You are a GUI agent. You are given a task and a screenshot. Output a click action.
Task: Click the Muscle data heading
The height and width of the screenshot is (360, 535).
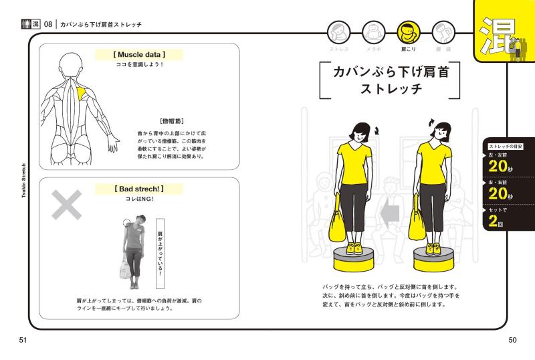pos(139,55)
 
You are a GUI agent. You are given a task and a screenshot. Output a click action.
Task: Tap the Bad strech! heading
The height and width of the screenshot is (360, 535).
pos(139,189)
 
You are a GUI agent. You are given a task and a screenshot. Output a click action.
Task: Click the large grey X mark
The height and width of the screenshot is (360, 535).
pos(66,205)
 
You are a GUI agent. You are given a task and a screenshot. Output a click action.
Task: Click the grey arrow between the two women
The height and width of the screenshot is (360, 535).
pos(390,214)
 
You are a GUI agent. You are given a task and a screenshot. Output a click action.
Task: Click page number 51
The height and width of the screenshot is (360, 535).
pos(23,340)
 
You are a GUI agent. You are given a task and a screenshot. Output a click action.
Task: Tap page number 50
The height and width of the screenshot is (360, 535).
pos(512,340)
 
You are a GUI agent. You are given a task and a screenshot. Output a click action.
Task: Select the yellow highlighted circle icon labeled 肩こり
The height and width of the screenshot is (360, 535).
pos(409,32)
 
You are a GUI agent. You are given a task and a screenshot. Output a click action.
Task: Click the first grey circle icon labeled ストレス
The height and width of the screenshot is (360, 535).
pos(339,32)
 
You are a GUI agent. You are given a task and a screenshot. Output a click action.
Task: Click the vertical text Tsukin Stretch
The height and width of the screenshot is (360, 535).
pos(24,181)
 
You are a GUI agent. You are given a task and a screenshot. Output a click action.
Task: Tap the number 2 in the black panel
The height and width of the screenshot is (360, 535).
pos(493,221)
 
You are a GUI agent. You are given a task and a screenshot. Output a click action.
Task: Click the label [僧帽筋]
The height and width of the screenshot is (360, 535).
pos(172,121)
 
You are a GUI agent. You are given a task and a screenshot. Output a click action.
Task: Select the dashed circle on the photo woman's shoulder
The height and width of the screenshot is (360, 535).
pos(127,223)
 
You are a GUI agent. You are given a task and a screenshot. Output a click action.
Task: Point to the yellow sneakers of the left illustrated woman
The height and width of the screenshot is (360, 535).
pos(354,248)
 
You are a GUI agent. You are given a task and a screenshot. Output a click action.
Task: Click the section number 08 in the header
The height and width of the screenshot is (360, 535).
pos(48,24)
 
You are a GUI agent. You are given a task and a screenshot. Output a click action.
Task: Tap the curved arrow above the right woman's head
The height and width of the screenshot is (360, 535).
pos(432,122)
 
